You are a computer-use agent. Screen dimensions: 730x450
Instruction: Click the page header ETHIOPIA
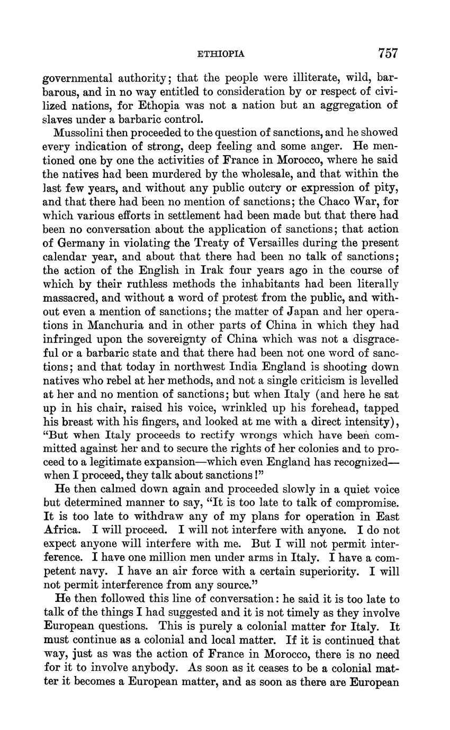click(221, 53)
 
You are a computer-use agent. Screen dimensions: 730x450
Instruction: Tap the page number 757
click(388, 53)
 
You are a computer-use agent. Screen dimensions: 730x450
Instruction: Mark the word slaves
click(57, 119)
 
